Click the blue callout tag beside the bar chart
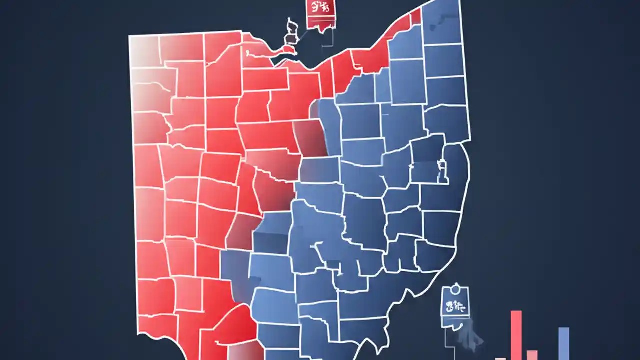(x=455, y=306)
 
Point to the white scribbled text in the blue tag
(x=455, y=306)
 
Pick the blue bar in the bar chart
(x=563, y=343)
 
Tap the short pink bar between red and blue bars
(x=532, y=354)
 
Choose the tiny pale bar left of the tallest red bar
(x=500, y=358)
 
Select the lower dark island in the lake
(x=290, y=39)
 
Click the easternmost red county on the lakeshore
(x=415, y=18)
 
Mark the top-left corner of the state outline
(x=129, y=36)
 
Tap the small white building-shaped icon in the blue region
(x=441, y=170)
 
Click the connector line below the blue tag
(x=445, y=342)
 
